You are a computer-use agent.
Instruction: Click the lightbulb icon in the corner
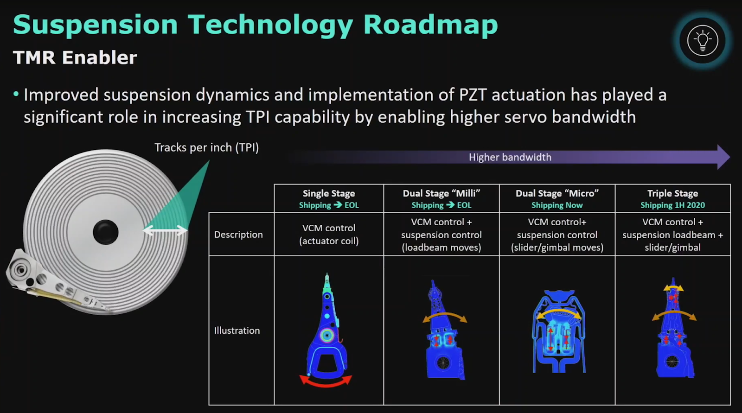coord(702,40)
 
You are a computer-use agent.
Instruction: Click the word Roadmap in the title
coord(431,25)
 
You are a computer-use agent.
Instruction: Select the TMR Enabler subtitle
coord(75,57)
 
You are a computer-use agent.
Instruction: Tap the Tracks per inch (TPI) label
coord(207,147)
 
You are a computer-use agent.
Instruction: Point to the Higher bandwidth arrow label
coord(510,157)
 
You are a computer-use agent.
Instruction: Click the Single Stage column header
coord(329,193)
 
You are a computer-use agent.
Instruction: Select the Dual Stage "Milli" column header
coord(441,193)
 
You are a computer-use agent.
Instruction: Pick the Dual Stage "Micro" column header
coord(557,193)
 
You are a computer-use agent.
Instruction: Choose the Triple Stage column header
coord(673,193)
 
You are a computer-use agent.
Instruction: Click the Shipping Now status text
coord(557,205)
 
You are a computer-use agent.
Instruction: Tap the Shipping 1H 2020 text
coord(673,205)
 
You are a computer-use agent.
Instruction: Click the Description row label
coord(238,235)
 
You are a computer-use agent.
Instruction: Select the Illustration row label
coord(237,330)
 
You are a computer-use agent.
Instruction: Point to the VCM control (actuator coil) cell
coord(329,235)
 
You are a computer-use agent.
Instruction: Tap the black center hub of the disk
coord(106,232)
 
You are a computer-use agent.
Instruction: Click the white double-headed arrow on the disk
coord(165,230)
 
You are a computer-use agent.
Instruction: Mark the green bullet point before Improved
coord(16,94)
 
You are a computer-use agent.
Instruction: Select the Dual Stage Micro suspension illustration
coord(558,331)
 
